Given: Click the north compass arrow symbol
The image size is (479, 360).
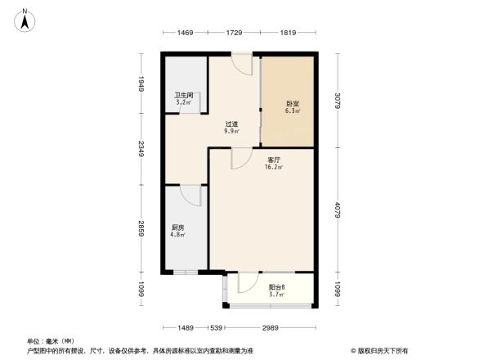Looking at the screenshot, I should click(x=26, y=18).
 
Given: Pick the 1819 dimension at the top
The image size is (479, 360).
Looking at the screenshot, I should click(x=287, y=33).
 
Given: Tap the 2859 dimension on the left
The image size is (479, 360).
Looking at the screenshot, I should click(x=141, y=228).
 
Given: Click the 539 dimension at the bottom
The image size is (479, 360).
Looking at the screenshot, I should click(x=217, y=327).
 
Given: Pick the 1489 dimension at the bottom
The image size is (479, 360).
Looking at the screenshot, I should click(x=186, y=327).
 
